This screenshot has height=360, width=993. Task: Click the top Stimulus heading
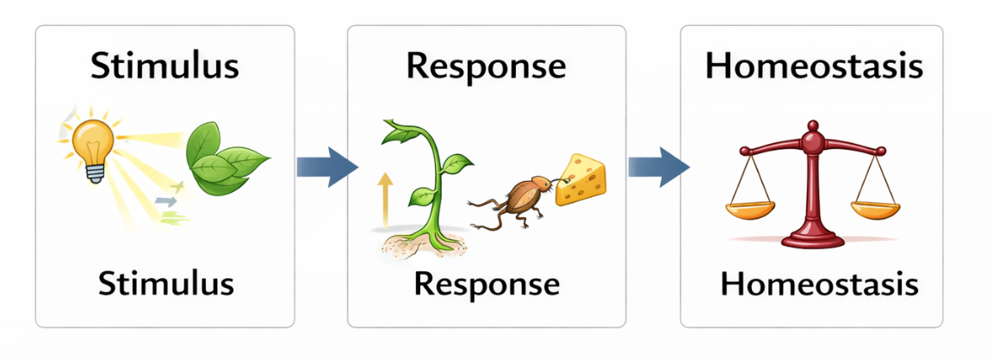[x=164, y=67]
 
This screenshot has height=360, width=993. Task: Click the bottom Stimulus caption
[x=164, y=282]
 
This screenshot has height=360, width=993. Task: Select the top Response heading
[x=486, y=67]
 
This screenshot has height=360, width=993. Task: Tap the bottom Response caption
[x=486, y=282]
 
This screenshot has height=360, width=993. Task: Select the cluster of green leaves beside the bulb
[x=226, y=158]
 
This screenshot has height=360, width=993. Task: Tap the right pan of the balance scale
[x=874, y=209]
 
